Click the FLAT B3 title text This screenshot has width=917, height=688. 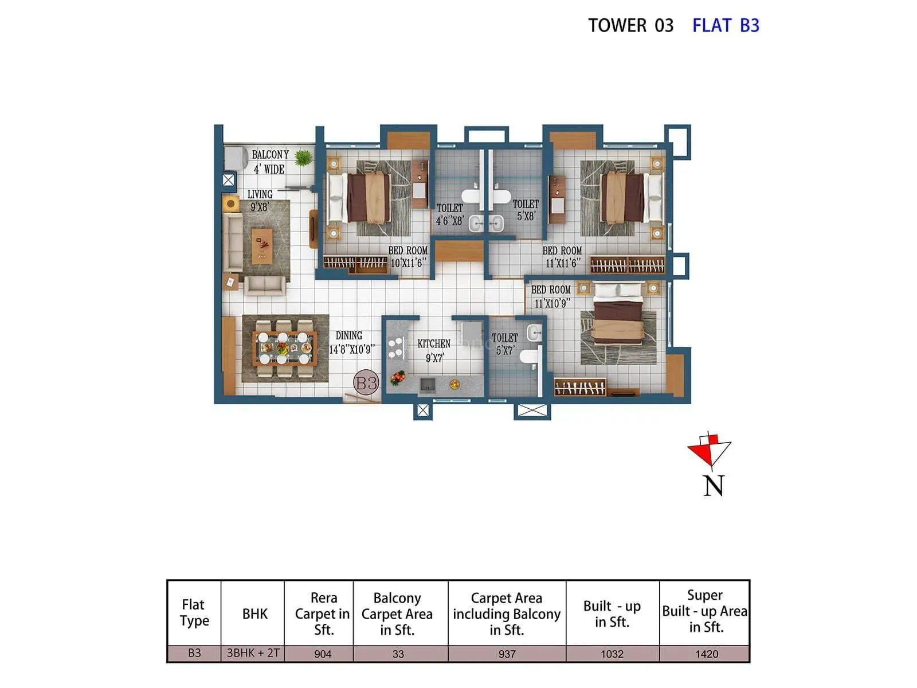(x=725, y=26)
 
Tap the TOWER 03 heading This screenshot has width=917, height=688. (x=630, y=26)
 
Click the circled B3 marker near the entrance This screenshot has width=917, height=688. (x=366, y=382)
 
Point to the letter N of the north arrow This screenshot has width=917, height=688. (x=714, y=486)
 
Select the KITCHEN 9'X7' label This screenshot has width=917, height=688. (x=434, y=350)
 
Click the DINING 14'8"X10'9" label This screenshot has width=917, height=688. (x=351, y=342)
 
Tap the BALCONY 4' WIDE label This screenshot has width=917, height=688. (x=270, y=162)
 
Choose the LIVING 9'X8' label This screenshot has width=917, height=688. (x=260, y=201)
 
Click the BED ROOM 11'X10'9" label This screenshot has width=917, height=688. (x=551, y=296)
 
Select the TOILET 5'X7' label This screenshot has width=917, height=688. (x=504, y=344)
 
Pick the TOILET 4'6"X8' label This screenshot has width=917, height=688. (x=449, y=214)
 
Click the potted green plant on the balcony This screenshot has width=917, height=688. (x=303, y=157)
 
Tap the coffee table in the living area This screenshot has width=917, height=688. (x=262, y=244)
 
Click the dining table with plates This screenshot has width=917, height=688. (x=284, y=347)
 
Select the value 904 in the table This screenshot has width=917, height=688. (x=323, y=654)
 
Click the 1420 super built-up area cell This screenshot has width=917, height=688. (x=706, y=654)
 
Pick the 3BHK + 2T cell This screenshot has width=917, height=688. (x=253, y=653)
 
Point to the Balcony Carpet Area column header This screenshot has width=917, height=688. (x=397, y=613)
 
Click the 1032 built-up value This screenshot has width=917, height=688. (x=612, y=654)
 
